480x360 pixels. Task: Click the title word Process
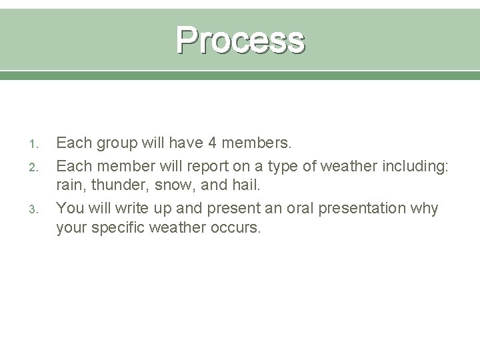[x=240, y=40]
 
